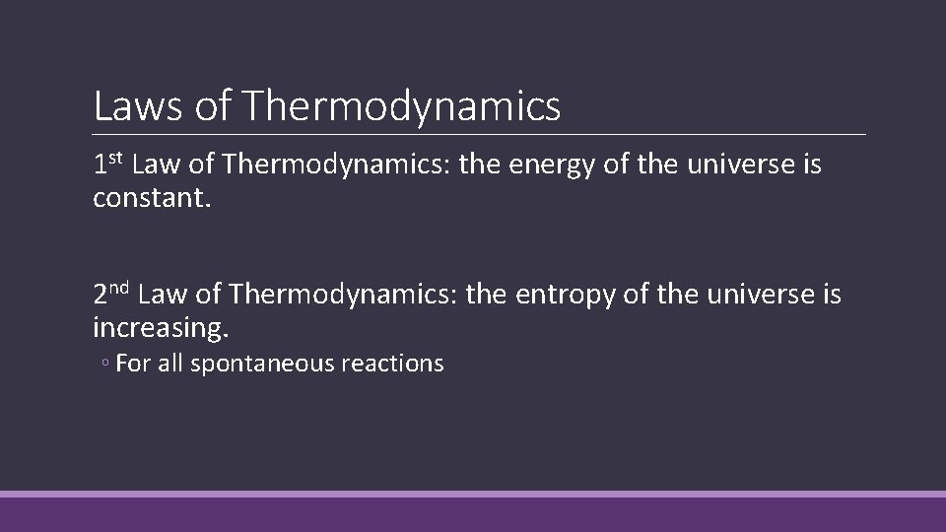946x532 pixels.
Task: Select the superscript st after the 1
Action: tap(115, 157)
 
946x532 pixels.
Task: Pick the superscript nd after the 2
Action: tap(118, 287)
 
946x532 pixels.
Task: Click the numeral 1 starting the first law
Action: tap(100, 166)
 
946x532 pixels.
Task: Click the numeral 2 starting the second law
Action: tap(101, 295)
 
